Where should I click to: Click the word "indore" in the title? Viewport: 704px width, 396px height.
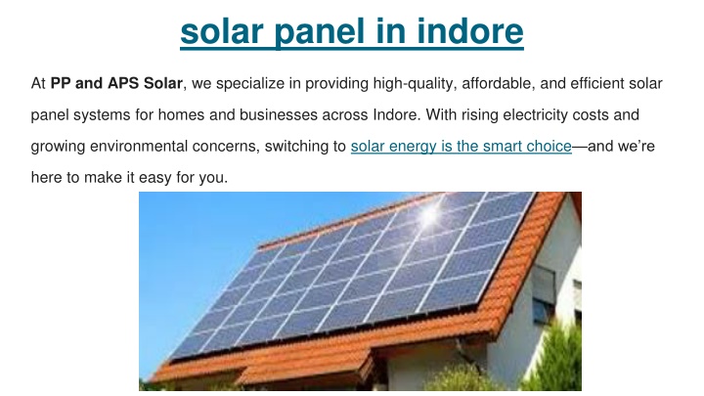tap(470, 31)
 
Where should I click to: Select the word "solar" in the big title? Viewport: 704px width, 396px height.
tap(222, 31)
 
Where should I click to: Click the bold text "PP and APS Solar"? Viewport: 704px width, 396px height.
tap(116, 83)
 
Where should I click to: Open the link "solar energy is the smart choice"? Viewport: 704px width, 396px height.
tap(462, 147)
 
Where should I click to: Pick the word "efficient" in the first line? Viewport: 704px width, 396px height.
tap(597, 83)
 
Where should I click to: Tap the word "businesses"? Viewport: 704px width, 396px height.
tap(279, 115)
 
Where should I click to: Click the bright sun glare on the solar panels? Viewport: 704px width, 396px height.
tap(429, 216)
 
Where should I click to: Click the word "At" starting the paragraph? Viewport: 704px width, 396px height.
tap(38, 83)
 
